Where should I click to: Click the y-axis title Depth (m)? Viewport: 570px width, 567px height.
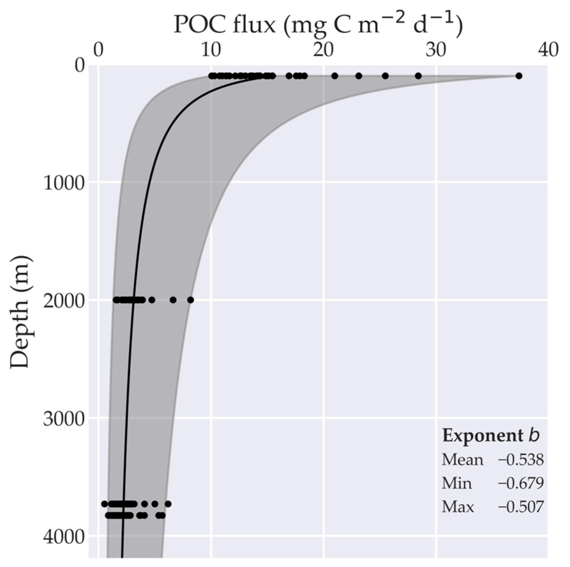tap(20, 312)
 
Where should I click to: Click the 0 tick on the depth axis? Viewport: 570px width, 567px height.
tap(80, 65)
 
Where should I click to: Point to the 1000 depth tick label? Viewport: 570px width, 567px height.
tap(64, 183)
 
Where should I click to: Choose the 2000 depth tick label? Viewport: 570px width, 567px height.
tap(64, 301)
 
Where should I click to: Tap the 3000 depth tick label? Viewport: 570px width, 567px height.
tap(64, 419)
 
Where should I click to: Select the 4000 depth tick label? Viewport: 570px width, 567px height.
tap(64, 536)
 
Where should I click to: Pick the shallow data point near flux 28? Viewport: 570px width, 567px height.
tap(418, 76)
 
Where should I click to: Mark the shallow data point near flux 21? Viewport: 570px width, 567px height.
tap(335, 76)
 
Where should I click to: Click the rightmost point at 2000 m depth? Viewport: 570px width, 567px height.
tap(190, 300)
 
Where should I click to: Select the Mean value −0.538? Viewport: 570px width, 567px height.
tap(521, 460)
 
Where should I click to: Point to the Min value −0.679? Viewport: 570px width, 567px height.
tap(521, 483)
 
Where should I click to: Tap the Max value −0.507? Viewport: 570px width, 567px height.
tap(521, 507)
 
